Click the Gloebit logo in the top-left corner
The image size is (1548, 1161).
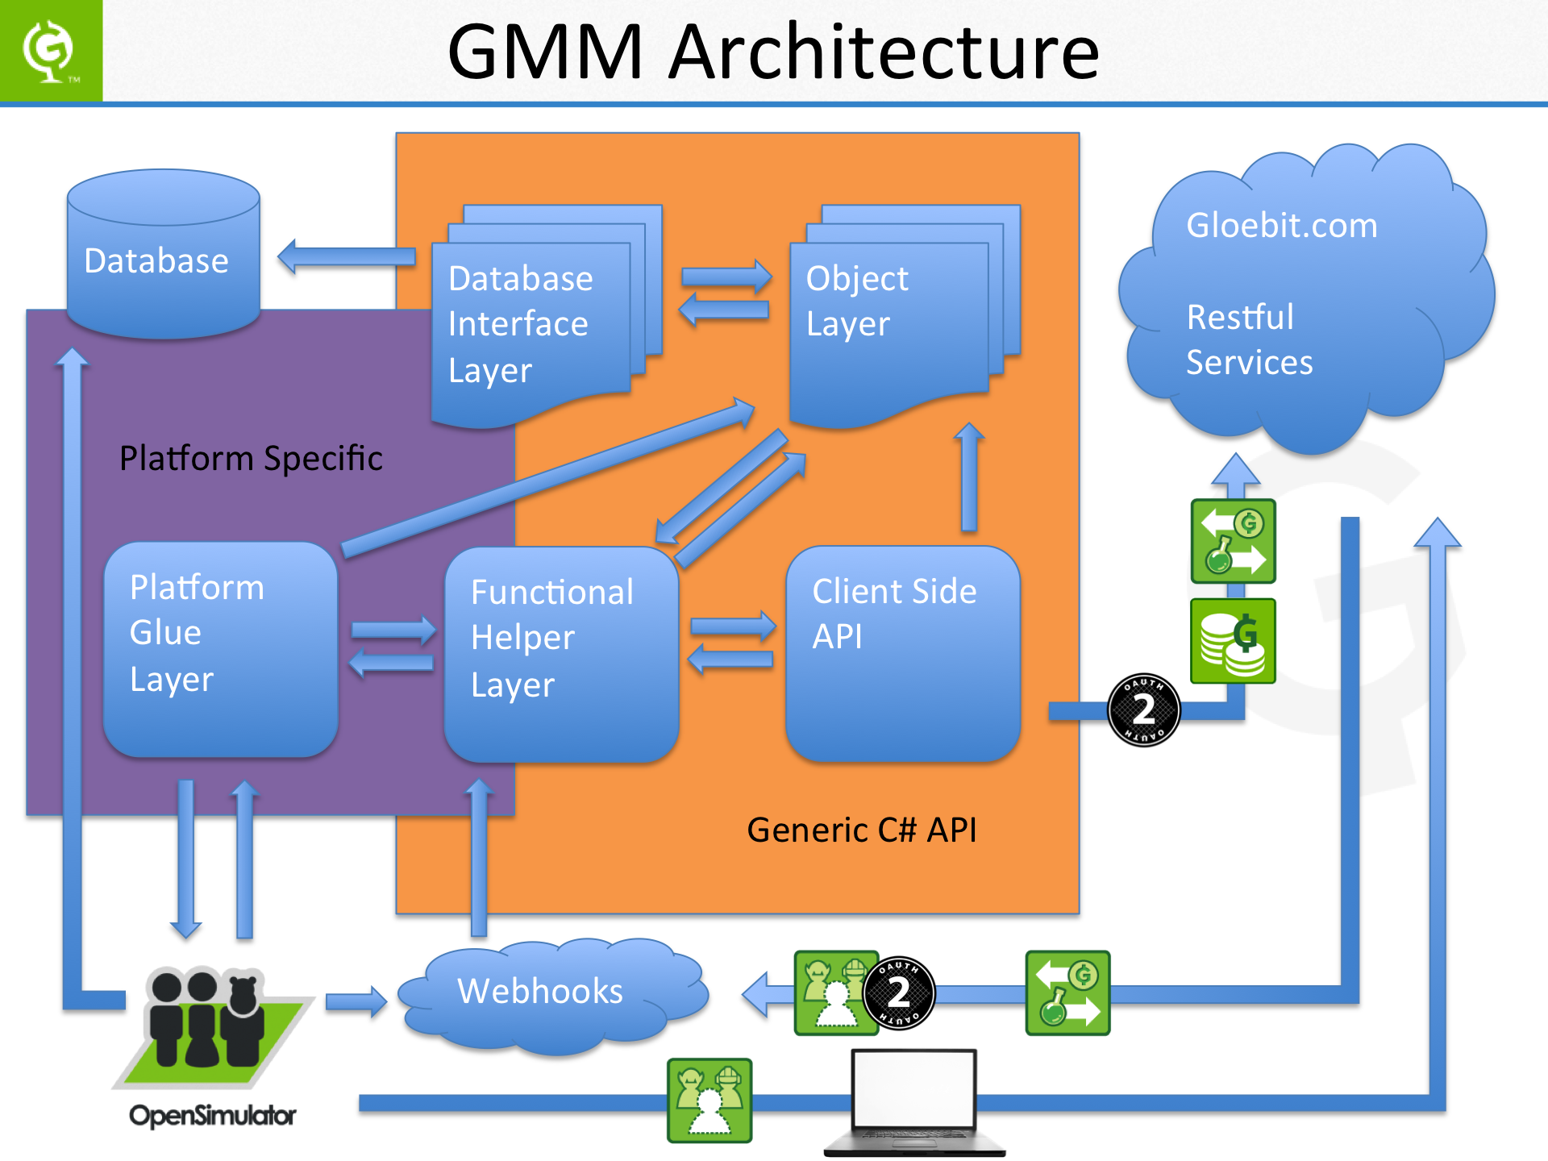(x=50, y=51)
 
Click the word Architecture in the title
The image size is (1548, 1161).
(x=884, y=52)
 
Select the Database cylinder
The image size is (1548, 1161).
(x=163, y=254)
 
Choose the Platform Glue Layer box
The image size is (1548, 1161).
(x=220, y=649)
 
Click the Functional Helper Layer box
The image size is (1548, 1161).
(x=561, y=654)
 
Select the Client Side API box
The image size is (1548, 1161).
(x=902, y=653)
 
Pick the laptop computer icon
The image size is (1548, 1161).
(x=914, y=1101)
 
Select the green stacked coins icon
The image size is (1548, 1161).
(x=1233, y=641)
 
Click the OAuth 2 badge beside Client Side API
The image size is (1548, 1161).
(x=1143, y=709)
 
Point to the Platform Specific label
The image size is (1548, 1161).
(x=251, y=458)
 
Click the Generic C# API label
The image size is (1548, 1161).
(x=861, y=830)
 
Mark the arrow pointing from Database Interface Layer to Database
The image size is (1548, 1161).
(x=347, y=257)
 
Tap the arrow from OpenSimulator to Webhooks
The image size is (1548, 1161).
(x=356, y=1001)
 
